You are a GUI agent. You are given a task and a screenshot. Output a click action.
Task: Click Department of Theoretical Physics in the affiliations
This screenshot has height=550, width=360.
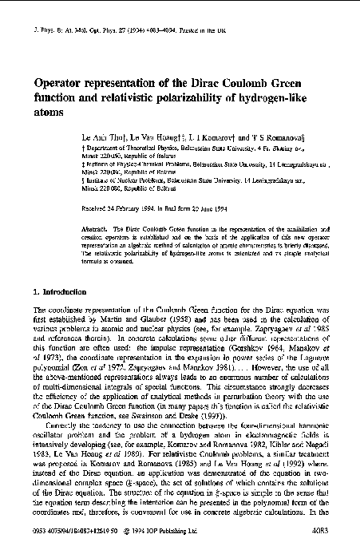[x=128, y=148]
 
